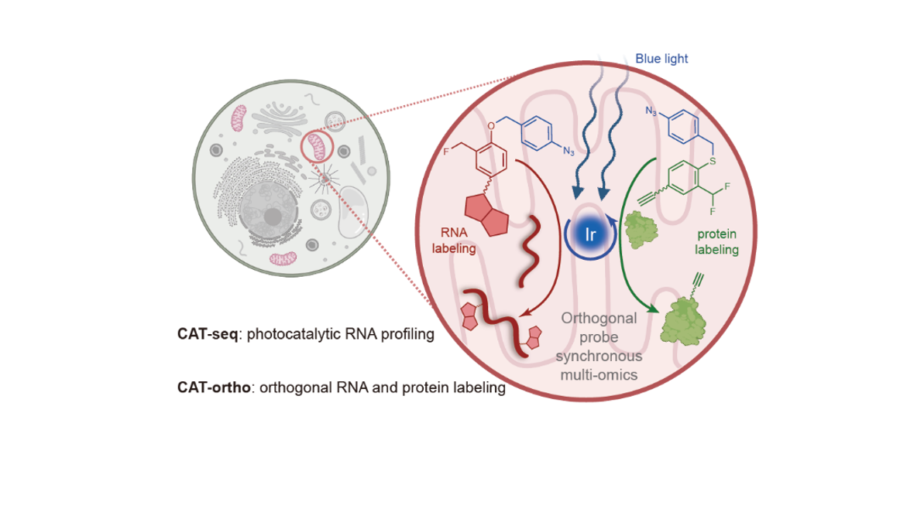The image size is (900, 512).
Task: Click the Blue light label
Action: (661, 58)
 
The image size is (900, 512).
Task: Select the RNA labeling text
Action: (455, 240)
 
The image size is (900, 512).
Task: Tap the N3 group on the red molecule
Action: (568, 152)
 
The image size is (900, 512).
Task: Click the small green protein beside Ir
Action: (641, 230)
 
